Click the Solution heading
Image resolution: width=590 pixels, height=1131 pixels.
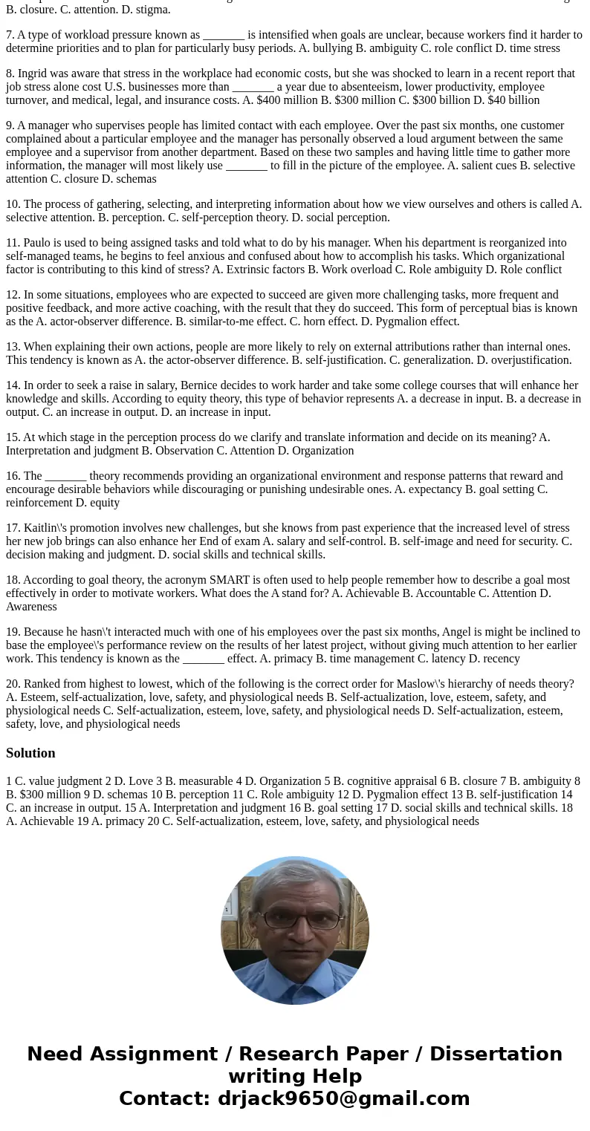point(30,753)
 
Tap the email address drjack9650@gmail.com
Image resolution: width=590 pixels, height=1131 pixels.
point(343,1099)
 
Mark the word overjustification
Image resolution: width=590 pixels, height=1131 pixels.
point(528,360)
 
